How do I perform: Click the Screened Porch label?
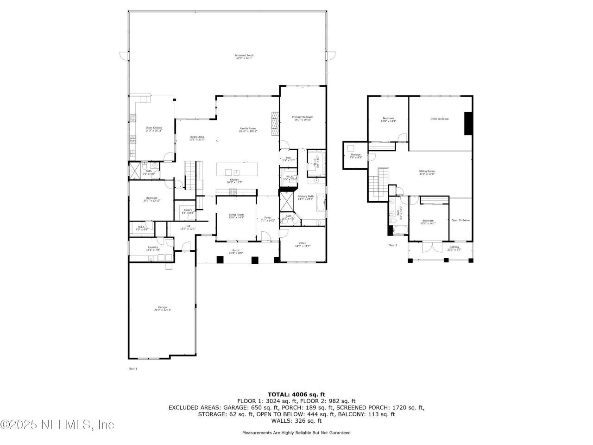pos(244,57)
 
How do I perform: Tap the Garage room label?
pos(163,308)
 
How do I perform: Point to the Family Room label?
pos(248,130)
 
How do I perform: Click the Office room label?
pos(303,245)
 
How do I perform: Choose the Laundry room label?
pos(153,248)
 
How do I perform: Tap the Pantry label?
pos(188,211)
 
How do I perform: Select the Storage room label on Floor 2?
pos(355,156)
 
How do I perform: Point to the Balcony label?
pos(454,248)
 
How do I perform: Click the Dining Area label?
pos(197,138)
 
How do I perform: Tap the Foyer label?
pos(268,219)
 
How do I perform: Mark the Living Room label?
pos(236,216)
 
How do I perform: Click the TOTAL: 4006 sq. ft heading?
pos(296,394)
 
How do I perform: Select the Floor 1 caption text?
pos(132,369)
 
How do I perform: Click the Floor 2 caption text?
pos(392,245)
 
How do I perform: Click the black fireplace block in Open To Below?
pos(468,123)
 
